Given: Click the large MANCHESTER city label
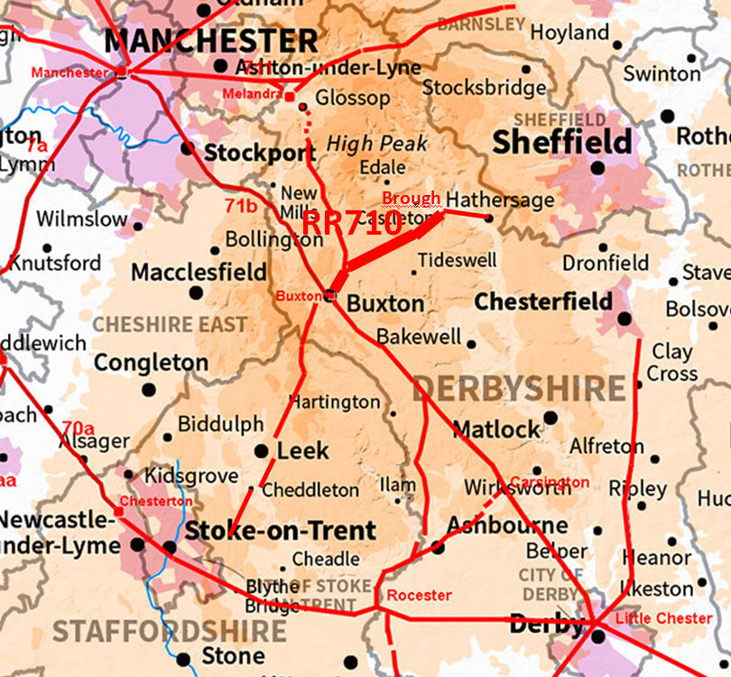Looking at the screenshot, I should [211, 41].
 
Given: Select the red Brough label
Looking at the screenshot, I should [411, 199].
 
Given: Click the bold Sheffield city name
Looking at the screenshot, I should [561, 142].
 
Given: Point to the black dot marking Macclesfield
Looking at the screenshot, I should [196, 292].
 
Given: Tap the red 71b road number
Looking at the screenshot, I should [241, 207].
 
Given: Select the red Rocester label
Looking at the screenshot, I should [419, 595].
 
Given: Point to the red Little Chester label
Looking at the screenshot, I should [663, 618].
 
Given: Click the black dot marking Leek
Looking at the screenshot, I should [261, 450].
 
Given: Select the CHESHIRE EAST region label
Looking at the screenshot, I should [171, 324].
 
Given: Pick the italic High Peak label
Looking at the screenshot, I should [376, 143].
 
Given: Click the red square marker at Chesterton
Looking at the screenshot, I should [118, 512].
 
